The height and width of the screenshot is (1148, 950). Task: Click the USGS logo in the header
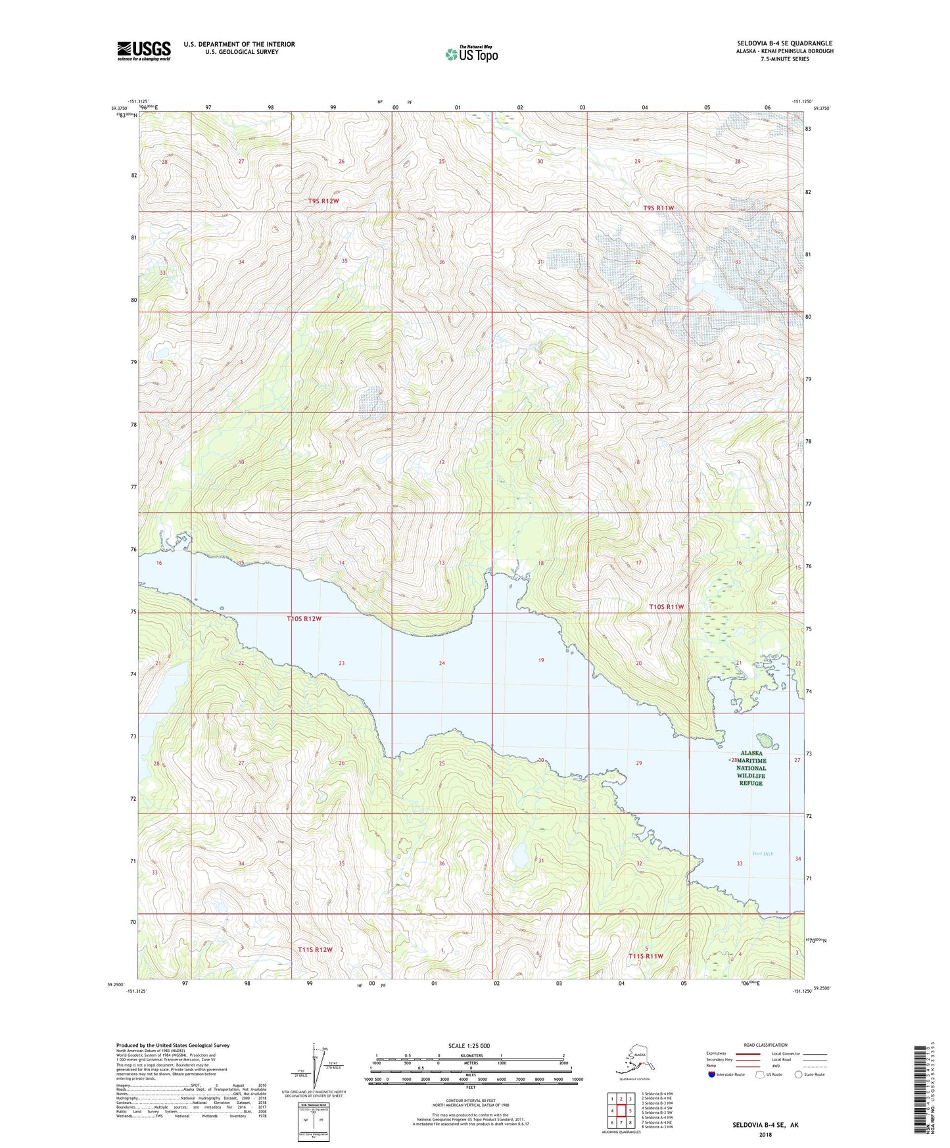point(144,51)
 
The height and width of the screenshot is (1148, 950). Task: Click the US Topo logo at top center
point(471,53)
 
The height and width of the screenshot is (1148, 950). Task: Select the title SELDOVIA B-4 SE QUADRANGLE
point(784,43)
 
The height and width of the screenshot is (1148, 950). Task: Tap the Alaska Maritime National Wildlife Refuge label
point(751,768)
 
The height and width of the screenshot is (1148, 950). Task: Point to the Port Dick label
point(763,854)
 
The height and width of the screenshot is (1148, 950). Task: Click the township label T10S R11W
point(667,607)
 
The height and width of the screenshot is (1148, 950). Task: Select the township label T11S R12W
point(316,949)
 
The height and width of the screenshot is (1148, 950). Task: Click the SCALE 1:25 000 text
point(469,1045)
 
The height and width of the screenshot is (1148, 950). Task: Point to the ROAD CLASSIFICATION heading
point(766,1045)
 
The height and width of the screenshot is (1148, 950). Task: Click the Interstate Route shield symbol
point(712,1074)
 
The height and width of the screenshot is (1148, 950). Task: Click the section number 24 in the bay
point(442,663)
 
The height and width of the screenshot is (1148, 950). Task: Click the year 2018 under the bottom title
point(765,1134)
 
